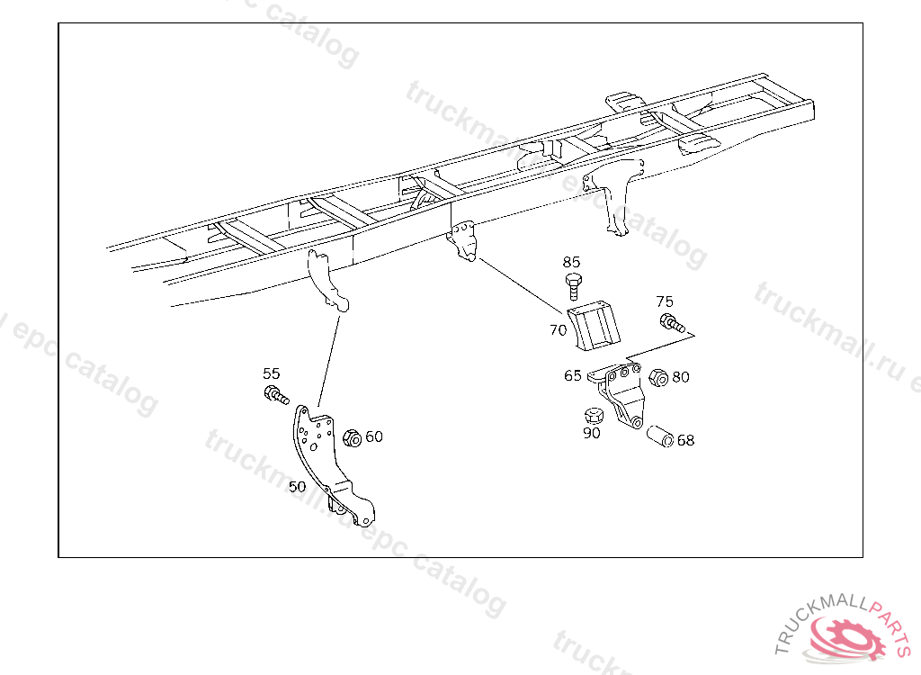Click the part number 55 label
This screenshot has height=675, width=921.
point(271,373)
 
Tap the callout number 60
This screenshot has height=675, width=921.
point(374,436)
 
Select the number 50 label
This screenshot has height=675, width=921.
point(297,486)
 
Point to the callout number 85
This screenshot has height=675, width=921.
point(572,262)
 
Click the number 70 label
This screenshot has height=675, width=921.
point(558,330)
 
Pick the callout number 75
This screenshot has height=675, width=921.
point(665,301)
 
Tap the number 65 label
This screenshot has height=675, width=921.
point(573,376)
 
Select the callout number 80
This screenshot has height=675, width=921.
point(681,377)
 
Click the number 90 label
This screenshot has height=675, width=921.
point(591,433)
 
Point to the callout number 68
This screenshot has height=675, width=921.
point(685,441)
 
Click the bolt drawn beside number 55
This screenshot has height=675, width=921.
point(274,394)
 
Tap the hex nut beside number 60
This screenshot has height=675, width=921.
point(353,437)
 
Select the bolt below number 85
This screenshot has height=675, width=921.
point(574,287)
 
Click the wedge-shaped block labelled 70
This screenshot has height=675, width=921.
point(595,325)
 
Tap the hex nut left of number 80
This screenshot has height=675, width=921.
point(657,376)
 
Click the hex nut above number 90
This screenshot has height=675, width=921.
point(592,416)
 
